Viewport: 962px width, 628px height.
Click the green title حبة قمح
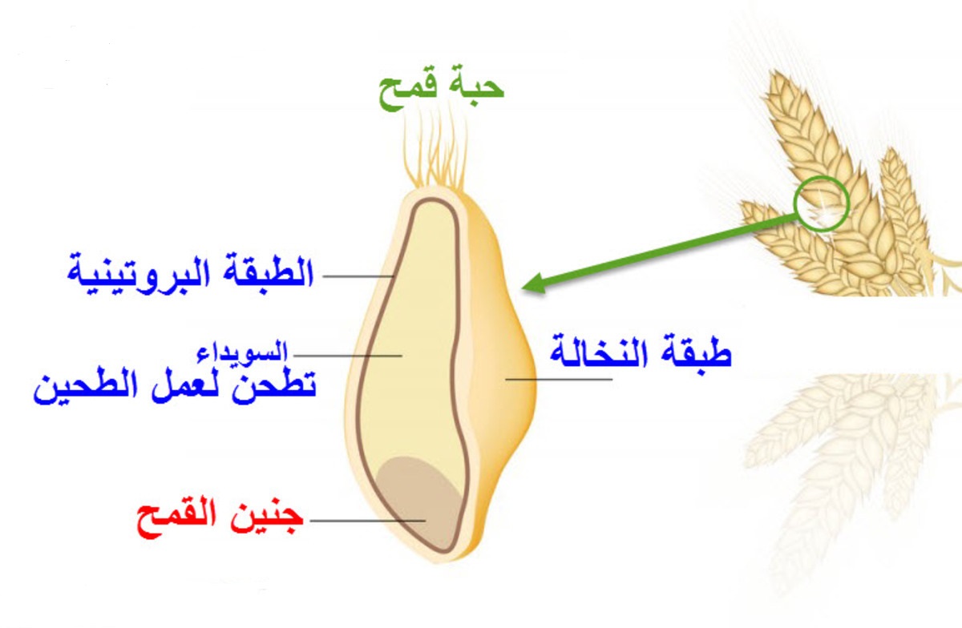click(441, 89)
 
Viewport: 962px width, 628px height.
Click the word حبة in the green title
click(476, 86)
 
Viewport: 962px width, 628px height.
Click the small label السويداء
click(242, 352)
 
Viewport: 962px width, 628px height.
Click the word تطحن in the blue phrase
click(274, 386)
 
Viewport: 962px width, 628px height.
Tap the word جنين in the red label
click(267, 517)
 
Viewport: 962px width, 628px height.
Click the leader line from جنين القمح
click(368, 521)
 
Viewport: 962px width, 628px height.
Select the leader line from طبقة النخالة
click(559, 380)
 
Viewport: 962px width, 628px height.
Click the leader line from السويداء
click(348, 356)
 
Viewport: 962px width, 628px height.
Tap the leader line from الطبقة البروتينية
click(358, 276)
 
